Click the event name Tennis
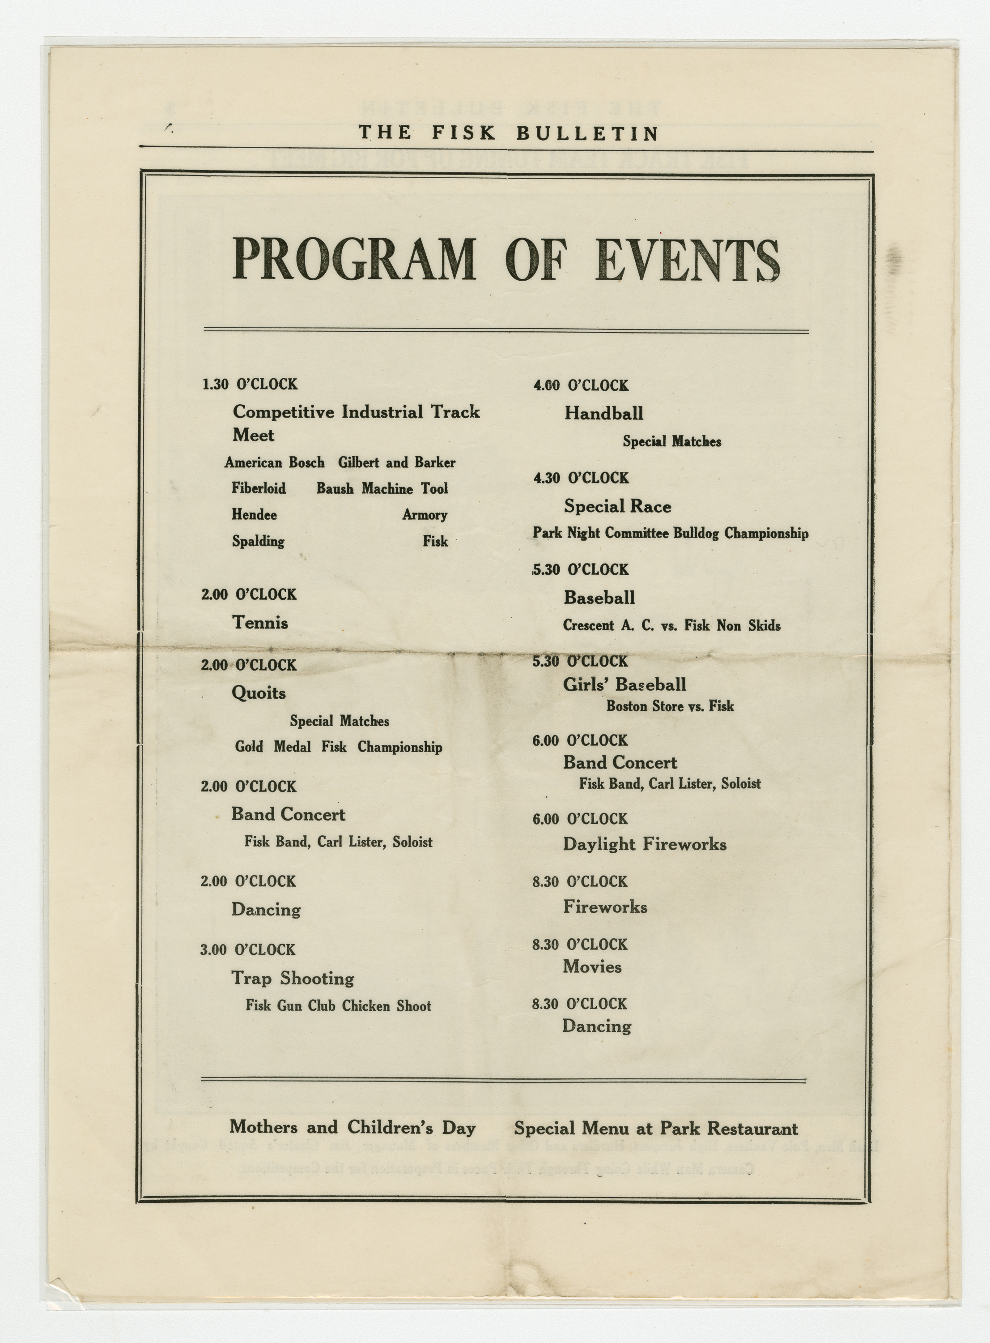click(x=260, y=623)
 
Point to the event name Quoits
click(x=259, y=693)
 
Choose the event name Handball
click(x=603, y=413)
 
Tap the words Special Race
click(x=617, y=507)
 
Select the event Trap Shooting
click(x=293, y=979)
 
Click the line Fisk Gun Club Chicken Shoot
click(x=338, y=1005)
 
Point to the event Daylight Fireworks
click(x=644, y=845)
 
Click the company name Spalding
click(x=258, y=541)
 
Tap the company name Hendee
click(x=254, y=515)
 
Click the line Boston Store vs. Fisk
click(x=670, y=706)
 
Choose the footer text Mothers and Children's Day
click(x=353, y=1128)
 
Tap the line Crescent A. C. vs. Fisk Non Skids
click(x=671, y=626)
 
